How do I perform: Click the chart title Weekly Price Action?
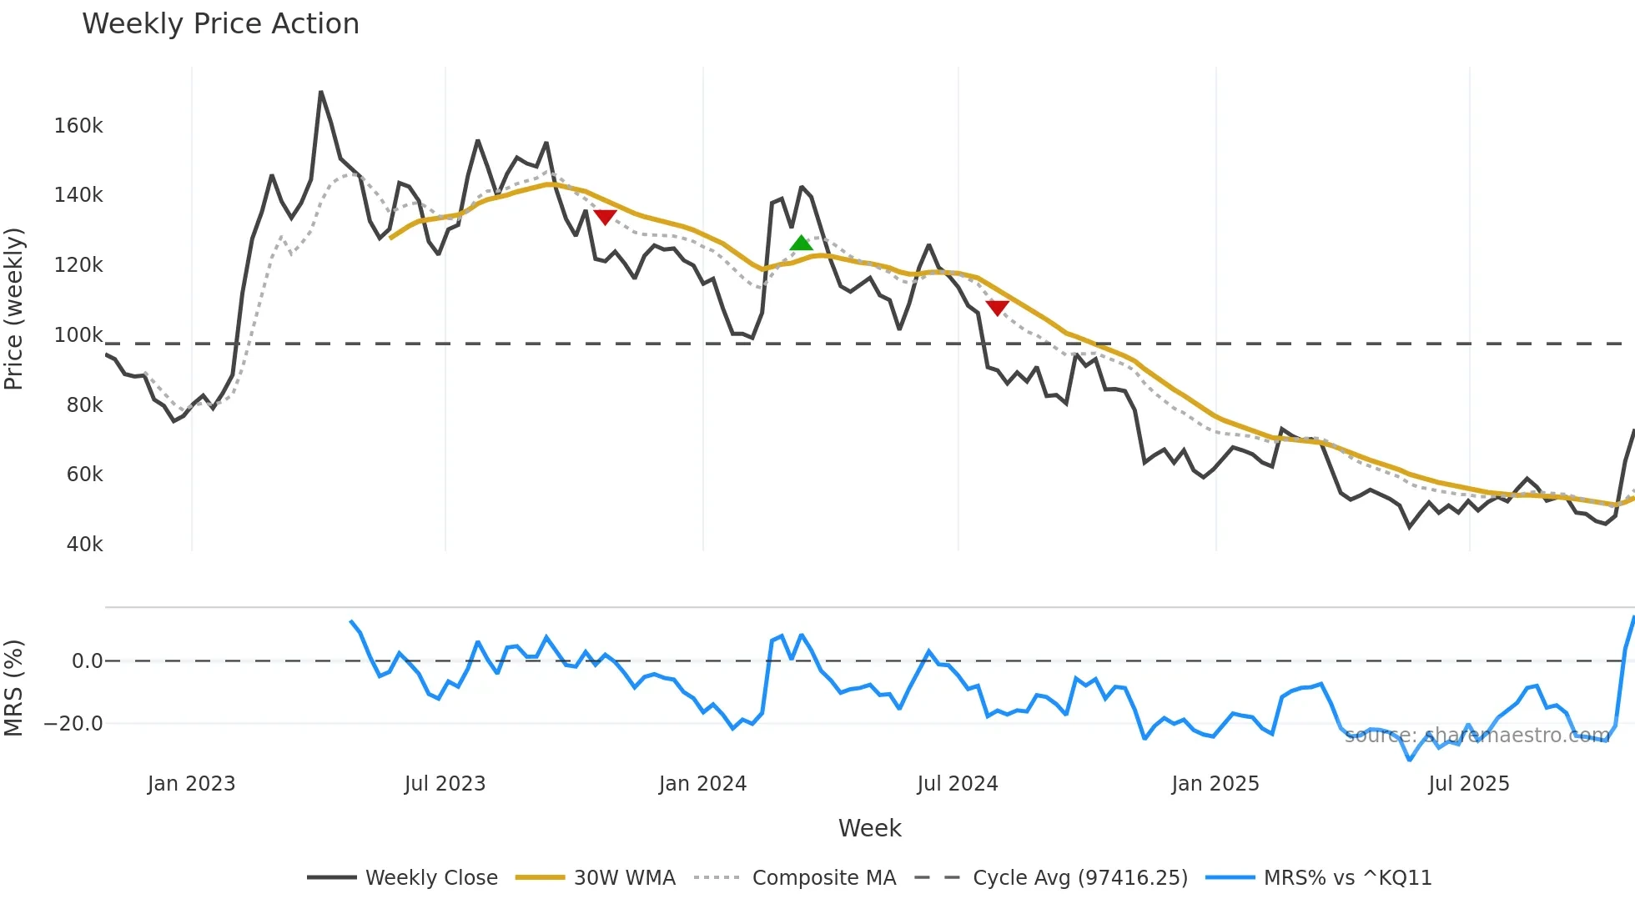click(220, 23)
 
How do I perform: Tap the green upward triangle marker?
click(801, 244)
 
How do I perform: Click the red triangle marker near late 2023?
click(605, 217)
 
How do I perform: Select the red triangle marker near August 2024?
click(997, 308)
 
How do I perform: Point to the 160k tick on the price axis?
click(78, 126)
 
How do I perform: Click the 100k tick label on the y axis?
click(78, 335)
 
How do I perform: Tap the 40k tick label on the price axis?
click(84, 545)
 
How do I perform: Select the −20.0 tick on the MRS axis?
click(73, 724)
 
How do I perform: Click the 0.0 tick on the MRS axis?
click(87, 661)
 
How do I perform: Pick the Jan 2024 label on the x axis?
click(702, 784)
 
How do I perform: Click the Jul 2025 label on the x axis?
click(1468, 784)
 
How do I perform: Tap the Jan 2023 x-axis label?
click(191, 784)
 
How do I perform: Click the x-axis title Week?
click(869, 828)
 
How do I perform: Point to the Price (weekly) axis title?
click(13, 309)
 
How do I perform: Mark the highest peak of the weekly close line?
click(321, 92)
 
